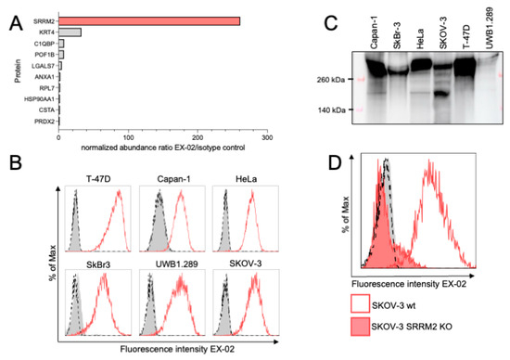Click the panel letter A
point(12,12)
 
